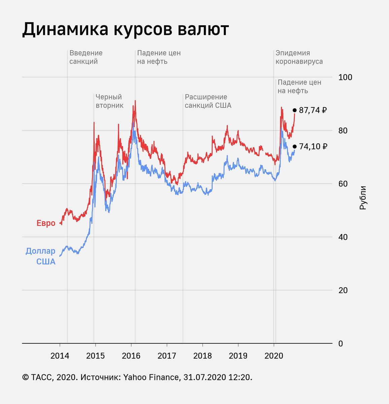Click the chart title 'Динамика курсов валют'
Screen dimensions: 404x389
(126, 30)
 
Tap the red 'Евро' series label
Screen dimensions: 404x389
(46, 223)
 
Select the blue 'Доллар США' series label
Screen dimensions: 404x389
(41, 256)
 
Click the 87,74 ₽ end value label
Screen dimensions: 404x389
(313, 110)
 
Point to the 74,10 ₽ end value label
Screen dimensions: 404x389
(313, 146)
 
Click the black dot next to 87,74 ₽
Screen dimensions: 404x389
(294, 110)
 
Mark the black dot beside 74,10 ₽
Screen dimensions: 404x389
(294, 146)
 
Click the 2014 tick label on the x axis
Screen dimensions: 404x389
(60, 356)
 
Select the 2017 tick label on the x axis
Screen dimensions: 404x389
(167, 356)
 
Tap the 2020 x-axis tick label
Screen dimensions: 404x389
(274, 356)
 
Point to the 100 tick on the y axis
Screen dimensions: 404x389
(345, 77)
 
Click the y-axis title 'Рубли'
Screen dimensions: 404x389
(362, 198)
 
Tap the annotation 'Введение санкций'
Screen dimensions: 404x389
(86, 57)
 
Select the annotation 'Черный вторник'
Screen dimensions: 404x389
(109, 101)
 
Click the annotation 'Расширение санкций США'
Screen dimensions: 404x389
(208, 101)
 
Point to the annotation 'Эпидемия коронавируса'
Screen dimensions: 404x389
(299, 57)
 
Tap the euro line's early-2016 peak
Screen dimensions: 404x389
(135, 101)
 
